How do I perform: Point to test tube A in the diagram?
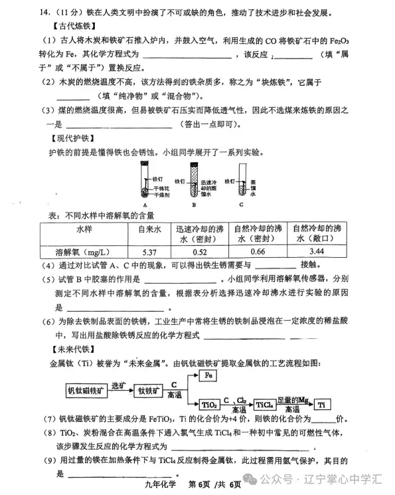145,182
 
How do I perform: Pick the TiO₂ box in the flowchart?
209,403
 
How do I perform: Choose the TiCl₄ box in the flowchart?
265,403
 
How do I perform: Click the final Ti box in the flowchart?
321,403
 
